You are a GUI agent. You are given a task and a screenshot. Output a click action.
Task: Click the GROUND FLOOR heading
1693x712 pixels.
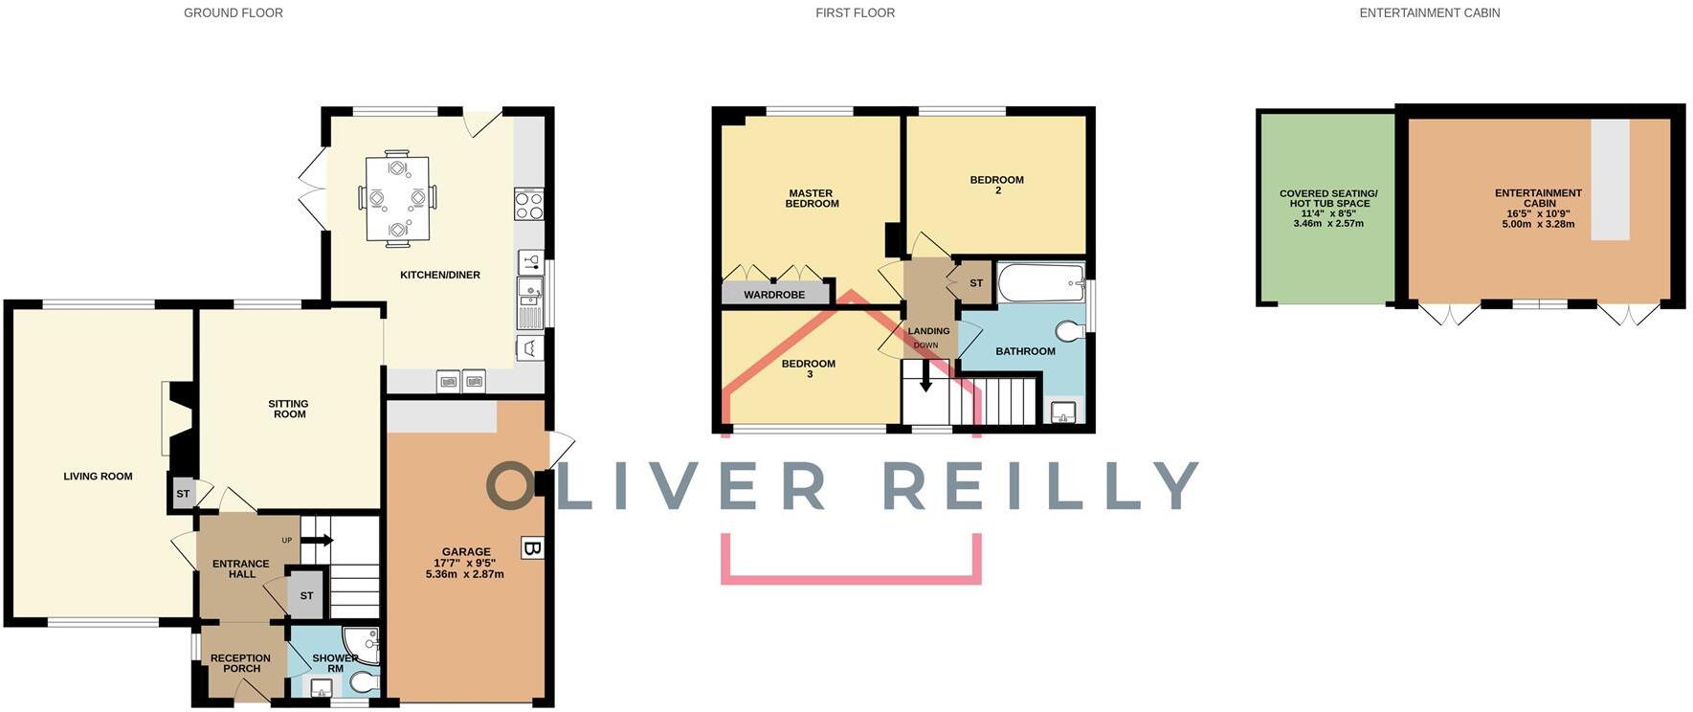[233, 13]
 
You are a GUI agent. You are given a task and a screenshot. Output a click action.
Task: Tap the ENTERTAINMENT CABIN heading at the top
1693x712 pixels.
[1429, 13]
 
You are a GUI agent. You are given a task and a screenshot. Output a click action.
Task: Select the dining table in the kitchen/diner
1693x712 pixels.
[397, 198]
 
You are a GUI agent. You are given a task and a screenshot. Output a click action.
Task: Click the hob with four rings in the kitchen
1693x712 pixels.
[529, 205]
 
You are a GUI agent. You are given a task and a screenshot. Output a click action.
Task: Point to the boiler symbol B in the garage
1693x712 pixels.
[532, 548]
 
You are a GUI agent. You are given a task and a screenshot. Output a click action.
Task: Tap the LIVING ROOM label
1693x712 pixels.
[98, 477]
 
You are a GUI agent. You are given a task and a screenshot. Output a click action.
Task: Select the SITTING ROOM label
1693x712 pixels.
[288, 409]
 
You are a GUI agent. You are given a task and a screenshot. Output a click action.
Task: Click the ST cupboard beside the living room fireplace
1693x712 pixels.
[182, 494]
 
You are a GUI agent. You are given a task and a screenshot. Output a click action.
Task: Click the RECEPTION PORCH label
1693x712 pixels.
[240, 663]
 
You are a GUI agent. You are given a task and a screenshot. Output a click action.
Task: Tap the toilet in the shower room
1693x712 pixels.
[363, 681]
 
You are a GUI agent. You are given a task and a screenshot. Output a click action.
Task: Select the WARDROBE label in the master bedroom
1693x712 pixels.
[774, 295]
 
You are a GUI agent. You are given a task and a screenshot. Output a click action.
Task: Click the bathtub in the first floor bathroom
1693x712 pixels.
[1040, 282]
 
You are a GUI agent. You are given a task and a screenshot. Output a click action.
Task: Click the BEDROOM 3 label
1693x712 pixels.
[809, 368]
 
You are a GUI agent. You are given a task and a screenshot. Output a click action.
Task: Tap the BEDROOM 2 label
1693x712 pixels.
[996, 185]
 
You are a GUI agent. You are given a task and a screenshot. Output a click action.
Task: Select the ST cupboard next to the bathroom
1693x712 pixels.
[975, 283]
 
